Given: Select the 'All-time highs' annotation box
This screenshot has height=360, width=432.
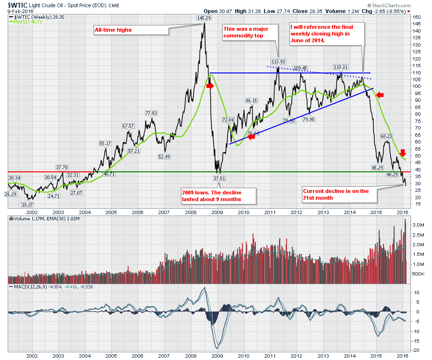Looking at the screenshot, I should click(x=113, y=30).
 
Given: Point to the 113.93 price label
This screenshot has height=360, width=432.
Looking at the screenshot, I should click(x=278, y=61).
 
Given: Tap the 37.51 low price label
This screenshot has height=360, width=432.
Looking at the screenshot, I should click(x=219, y=178).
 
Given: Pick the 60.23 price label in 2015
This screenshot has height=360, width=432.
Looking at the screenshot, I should click(x=386, y=136).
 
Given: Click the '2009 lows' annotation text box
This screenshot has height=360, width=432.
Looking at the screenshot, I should click(x=218, y=196).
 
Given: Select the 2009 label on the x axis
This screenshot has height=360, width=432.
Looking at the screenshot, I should click(x=216, y=211).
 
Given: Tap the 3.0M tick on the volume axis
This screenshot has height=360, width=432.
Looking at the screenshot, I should click(x=419, y=225).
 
